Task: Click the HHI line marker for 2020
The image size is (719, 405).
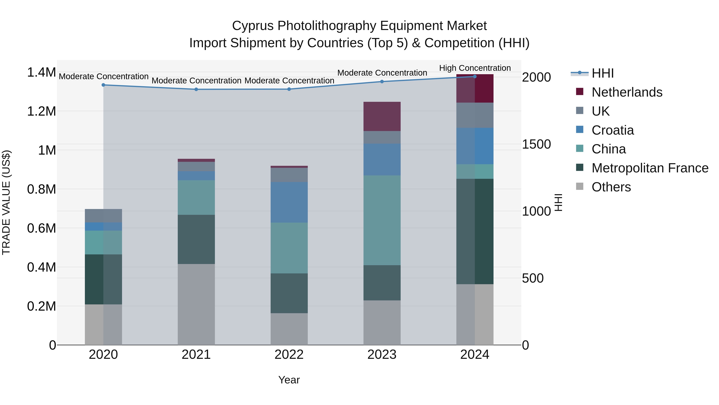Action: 103,85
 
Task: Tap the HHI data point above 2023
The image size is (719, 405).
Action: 382,82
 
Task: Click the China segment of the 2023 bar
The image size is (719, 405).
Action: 382,220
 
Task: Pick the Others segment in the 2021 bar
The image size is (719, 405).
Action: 196,304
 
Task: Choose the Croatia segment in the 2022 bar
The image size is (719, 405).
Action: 289,202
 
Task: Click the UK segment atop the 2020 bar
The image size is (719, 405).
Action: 103,216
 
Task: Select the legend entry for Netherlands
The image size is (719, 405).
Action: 627,92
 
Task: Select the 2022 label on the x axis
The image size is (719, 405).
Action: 289,355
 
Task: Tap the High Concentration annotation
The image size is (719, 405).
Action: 475,68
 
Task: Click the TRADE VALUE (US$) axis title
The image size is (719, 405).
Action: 6,202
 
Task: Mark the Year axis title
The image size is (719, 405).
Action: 289,380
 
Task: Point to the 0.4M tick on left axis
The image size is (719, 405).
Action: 41,267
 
